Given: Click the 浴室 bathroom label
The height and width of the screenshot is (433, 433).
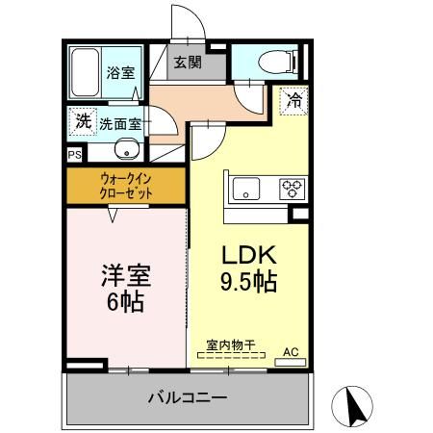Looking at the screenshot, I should click(120, 72).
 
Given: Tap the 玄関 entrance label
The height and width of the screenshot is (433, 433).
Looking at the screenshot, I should click(188, 64).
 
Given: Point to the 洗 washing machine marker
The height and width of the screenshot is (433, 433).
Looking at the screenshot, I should click(83, 122).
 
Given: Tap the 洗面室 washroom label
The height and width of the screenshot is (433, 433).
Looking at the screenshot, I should click(120, 123).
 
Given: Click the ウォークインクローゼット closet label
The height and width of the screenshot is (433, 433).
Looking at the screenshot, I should click(126, 185).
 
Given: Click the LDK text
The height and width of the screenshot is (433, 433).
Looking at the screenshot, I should click(250, 256).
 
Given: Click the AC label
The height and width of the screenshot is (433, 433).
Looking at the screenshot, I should click(291, 353).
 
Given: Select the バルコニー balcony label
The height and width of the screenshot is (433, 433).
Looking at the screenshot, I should click(187, 396).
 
